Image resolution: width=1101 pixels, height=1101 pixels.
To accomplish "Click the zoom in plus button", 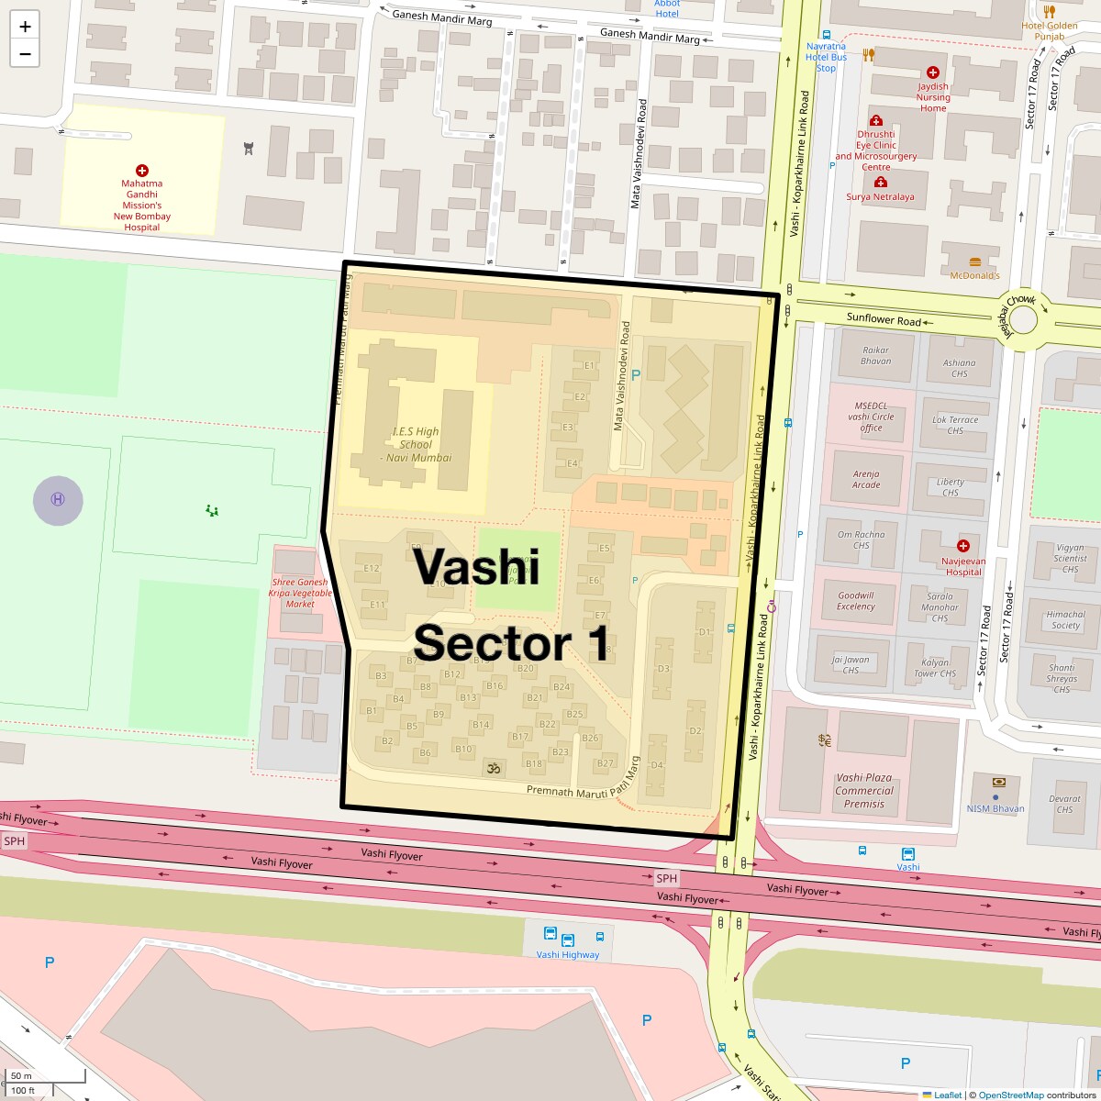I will tap(25, 26).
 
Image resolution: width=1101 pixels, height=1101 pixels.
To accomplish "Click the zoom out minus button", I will tap(25, 53).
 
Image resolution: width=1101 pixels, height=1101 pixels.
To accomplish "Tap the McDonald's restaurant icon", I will tap(973, 261).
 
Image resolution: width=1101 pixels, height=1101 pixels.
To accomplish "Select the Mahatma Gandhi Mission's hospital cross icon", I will tap(142, 170).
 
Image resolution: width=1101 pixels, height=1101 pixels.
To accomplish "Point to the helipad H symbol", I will tap(58, 499).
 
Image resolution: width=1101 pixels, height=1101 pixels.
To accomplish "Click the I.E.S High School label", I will tap(416, 444).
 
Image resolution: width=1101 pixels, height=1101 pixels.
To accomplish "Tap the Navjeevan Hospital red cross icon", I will tap(962, 546).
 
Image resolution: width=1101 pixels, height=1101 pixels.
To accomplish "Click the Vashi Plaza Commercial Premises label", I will tap(863, 790).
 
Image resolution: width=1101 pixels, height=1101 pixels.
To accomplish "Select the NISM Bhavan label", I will tap(995, 808).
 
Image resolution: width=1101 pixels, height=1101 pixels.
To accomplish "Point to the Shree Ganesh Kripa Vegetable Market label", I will tap(300, 593).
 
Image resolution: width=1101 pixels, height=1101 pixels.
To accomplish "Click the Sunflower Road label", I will tap(884, 320).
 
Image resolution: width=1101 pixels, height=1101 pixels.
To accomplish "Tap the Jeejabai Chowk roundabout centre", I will tap(1022, 320).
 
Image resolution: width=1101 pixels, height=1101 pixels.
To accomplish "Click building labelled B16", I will tap(495, 685).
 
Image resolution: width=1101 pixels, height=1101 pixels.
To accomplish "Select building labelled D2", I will tap(695, 730).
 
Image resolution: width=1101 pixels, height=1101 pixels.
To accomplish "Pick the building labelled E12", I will tap(371, 568).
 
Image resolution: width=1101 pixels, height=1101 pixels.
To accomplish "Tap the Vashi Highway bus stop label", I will tap(567, 954).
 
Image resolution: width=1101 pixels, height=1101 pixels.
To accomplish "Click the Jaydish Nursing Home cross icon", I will tap(933, 72).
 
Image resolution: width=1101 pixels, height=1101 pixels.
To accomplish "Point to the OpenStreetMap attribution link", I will tap(1010, 1095).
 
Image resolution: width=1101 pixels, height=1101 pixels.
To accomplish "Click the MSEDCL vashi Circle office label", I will tap(873, 417).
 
